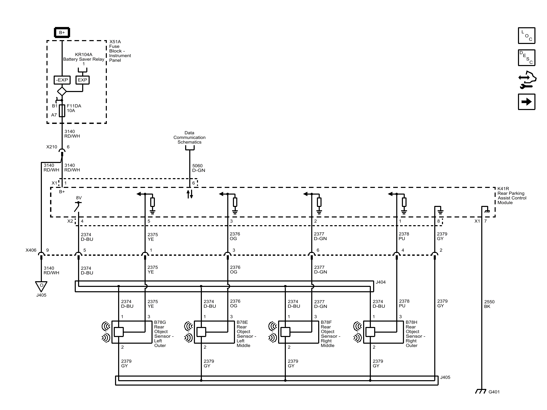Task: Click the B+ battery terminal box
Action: pyautogui.click(x=62, y=33)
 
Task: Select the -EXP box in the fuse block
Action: pyautogui.click(x=62, y=80)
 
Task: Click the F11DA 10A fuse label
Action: pyautogui.click(x=74, y=108)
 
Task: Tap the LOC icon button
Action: pyautogui.click(x=526, y=35)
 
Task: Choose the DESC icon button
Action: pyautogui.click(x=526, y=58)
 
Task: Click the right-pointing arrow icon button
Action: pyautogui.click(x=526, y=102)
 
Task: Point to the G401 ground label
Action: pyautogui.click(x=494, y=392)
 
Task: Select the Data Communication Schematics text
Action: pyautogui.click(x=189, y=138)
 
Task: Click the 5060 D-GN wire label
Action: pyautogui.click(x=199, y=168)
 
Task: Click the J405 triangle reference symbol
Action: pyautogui.click(x=41, y=286)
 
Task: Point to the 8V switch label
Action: pyautogui.click(x=79, y=198)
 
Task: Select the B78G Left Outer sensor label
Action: pyautogui.click(x=164, y=334)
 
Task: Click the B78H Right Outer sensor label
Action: pyautogui.click(x=415, y=334)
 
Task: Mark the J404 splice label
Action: pyautogui.click(x=380, y=282)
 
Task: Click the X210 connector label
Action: pyautogui.click(x=52, y=147)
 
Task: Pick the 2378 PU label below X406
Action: pyautogui.click(x=404, y=303)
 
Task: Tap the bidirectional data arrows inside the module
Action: pyautogui.click(x=190, y=194)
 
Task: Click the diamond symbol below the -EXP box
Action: pyautogui.click(x=62, y=91)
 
